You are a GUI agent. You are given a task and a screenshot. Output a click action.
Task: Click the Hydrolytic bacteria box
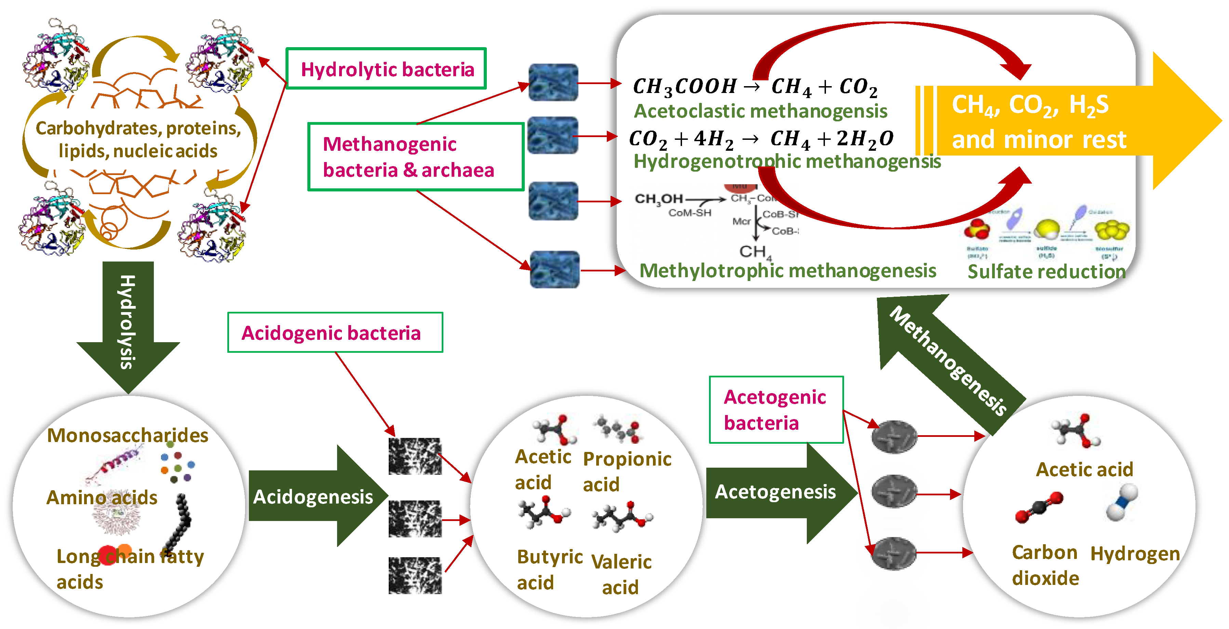tap(386, 69)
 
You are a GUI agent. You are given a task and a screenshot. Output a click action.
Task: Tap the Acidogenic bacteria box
tap(335, 333)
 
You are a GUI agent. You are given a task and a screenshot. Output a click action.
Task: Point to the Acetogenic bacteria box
tap(776, 410)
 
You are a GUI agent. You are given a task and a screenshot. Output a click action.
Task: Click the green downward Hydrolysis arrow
tap(128, 324)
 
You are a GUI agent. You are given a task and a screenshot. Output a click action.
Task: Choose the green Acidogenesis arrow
tap(315, 496)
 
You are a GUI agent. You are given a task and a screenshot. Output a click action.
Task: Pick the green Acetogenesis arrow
tap(778, 493)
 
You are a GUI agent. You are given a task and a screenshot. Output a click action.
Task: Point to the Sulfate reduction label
tap(1046, 271)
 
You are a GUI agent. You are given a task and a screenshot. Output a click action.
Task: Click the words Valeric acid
tap(621, 574)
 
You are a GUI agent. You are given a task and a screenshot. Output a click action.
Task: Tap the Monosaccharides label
tap(128, 435)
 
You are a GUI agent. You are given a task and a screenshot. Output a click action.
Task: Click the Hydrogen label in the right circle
tap(1135, 553)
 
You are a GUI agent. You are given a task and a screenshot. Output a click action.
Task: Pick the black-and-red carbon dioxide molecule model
tap(1039, 507)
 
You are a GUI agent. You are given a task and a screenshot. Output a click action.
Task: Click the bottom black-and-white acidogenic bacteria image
tap(415, 575)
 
